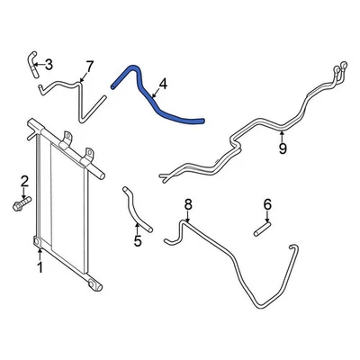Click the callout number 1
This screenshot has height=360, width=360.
tap(40, 266)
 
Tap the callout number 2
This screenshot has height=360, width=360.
tap(24, 180)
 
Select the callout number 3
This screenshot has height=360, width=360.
tap(49, 63)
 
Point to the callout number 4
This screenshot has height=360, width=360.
tap(163, 86)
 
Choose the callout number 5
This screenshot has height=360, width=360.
tap(138, 240)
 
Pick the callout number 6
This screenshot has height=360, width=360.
tap(267, 204)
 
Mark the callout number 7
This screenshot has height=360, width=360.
tap(89, 66)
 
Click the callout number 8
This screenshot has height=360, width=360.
tap(188, 206)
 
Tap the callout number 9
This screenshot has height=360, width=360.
tap(283, 148)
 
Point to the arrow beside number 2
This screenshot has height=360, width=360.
tap(23, 193)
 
